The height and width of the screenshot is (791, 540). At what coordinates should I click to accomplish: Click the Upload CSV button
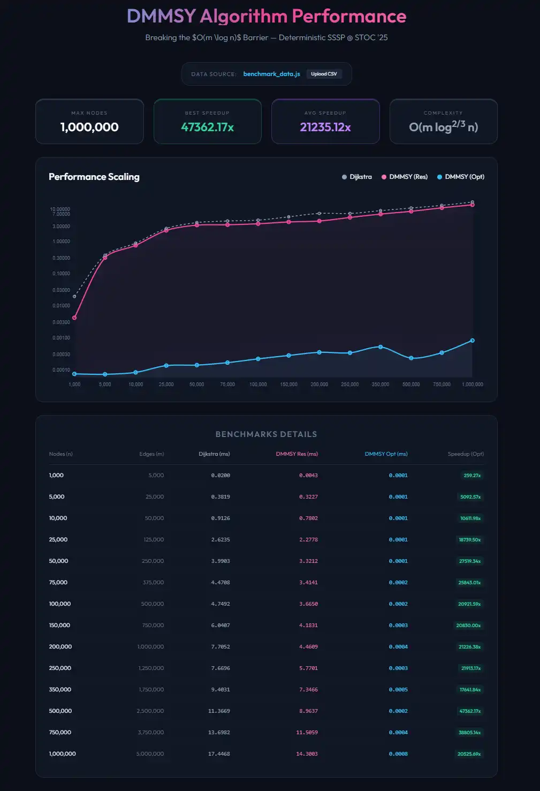324,74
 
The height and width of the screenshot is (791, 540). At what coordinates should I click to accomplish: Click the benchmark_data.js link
271,74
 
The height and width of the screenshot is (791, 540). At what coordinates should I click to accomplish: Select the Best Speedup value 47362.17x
207,127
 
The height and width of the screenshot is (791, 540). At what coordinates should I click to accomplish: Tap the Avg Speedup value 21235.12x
325,127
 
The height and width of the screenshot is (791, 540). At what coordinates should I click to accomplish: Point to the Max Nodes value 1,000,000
89,127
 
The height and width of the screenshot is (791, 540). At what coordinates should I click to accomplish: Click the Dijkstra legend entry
357,177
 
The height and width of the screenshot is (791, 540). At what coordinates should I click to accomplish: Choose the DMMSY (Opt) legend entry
461,177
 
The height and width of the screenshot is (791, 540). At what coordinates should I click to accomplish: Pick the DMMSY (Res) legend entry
405,177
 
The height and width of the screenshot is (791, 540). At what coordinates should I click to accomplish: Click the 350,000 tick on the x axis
381,385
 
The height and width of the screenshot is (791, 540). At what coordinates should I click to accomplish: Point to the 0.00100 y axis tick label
61,338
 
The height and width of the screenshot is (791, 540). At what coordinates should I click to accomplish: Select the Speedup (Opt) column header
466,454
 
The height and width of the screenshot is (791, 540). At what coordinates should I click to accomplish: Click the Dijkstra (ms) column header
214,454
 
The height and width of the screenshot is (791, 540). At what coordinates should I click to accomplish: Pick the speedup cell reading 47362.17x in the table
469,711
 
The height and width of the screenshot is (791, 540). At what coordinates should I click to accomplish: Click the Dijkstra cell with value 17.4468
219,754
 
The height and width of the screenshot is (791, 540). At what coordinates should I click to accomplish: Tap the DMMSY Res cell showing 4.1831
308,626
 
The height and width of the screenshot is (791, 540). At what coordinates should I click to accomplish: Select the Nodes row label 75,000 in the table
58,583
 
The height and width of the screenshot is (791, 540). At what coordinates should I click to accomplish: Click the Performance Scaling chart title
94,177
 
